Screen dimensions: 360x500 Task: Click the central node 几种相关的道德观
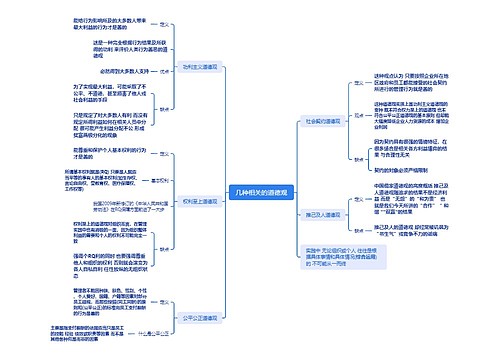(x=248, y=163)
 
